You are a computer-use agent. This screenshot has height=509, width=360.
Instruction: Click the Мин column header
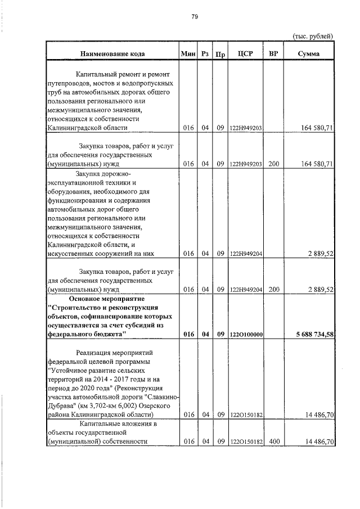(187, 54)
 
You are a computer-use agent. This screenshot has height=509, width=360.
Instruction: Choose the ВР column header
(274, 54)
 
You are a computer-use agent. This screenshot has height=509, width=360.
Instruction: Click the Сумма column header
(309, 54)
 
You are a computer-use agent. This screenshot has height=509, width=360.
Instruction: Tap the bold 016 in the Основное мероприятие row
(188, 335)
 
